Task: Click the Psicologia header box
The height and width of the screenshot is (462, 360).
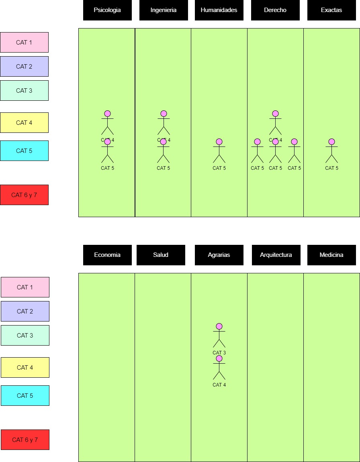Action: tap(107, 10)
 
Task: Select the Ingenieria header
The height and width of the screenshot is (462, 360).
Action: tap(164, 10)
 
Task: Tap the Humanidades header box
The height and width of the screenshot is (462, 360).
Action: tap(219, 10)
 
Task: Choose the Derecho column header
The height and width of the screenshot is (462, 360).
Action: tap(275, 10)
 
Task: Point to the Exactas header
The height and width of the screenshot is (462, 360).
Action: tap(331, 10)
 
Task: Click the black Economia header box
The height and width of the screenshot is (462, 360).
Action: tap(107, 255)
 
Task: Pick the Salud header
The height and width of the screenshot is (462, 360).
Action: tap(161, 255)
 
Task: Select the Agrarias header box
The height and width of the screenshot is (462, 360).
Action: tap(219, 255)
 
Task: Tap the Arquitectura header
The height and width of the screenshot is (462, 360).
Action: tap(276, 255)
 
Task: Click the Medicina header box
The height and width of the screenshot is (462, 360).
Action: tap(331, 255)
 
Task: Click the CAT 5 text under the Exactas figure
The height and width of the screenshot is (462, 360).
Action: tap(331, 168)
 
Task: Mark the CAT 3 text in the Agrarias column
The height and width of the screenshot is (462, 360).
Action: tap(219, 353)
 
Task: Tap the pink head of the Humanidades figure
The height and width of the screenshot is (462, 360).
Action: tap(219, 142)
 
